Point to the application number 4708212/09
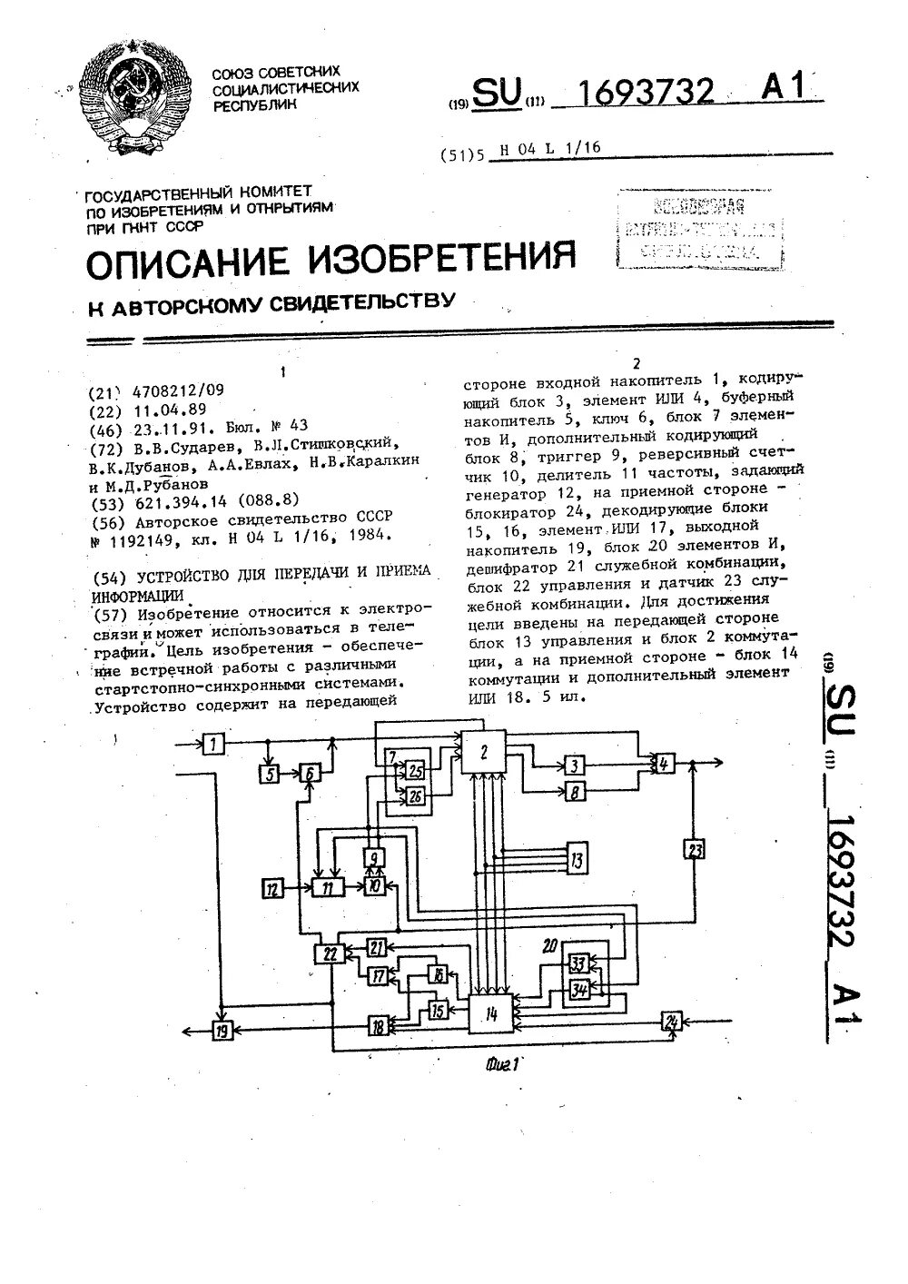(x=178, y=391)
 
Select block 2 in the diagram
(x=485, y=751)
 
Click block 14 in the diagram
(x=491, y=1011)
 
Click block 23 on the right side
(x=695, y=850)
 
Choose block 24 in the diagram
(x=671, y=1021)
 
